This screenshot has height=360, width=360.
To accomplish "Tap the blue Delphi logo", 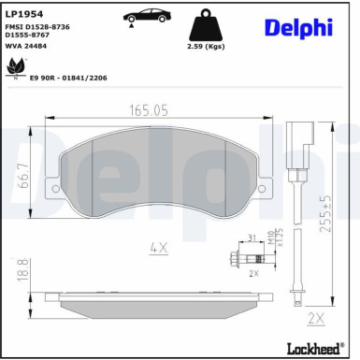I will coord(296,28).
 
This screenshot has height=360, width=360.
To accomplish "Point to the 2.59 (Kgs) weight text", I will coord(221,45).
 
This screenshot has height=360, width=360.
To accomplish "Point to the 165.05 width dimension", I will coord(149,110).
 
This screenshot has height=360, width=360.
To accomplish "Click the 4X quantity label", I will coord(158,248).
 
